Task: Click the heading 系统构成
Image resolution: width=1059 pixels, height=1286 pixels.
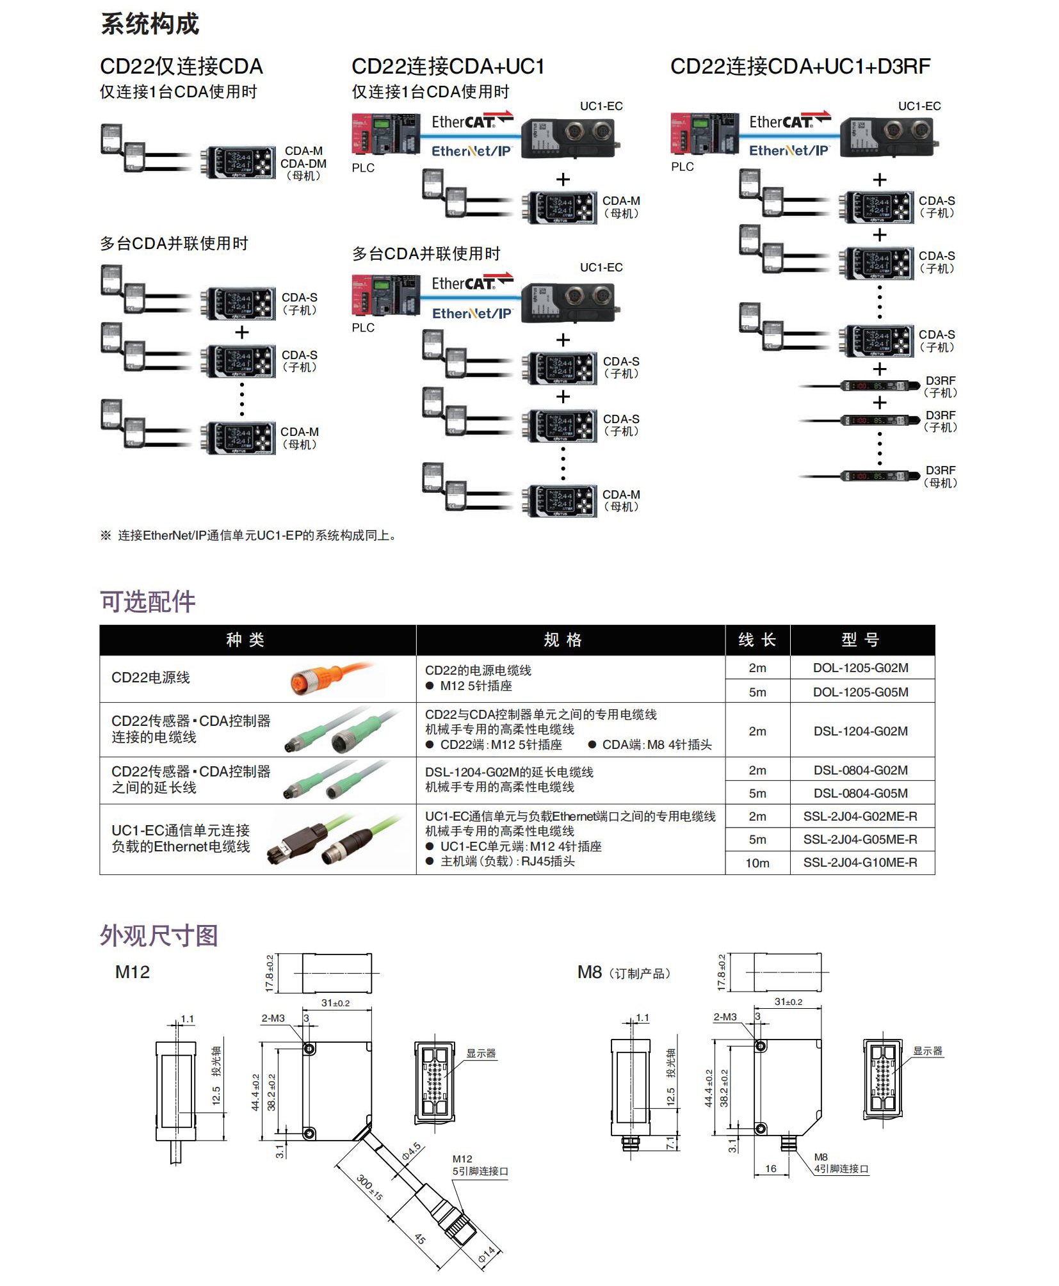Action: pyautogui.click(x=150, y=24)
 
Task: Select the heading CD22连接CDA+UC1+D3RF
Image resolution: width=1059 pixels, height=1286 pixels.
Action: pyautogui.click(x=800, y=67)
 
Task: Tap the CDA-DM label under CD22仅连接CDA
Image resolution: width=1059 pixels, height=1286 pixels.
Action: pyautogui.click(x=303, y=164)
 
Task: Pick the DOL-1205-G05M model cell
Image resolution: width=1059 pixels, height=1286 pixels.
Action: pyautogui.click(x=860, y=692)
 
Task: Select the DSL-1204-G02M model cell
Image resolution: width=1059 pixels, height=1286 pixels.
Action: pyautogui.click(x=860, y=731)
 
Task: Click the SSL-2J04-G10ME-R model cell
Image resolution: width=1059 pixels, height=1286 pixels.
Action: pyautogui.click(x=860, y=862)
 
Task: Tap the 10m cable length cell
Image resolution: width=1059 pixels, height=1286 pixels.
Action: pyautogui.click(x=757, y=863)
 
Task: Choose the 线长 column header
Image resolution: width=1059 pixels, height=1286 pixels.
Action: pyautogui.click(x=757, y=639)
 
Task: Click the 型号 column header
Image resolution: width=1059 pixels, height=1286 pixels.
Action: pyautogui.click(x=860, y=639)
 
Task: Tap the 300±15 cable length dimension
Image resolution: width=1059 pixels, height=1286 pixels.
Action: pyautogui.click(x=369, y=1188)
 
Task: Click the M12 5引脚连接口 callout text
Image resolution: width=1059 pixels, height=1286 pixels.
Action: pyautogui.click(x=480, y=1166)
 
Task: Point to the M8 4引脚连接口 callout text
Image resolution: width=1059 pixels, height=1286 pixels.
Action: pyautogui.click(x=840, y=1163)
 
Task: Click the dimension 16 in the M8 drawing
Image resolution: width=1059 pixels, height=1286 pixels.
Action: pyautogui.click(x=771, y=1168)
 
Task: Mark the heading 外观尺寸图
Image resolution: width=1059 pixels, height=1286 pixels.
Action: pyautogui.click(x=159, y=935)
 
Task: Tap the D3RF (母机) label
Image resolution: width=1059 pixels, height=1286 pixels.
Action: pyautogui.click(x=940, y=477)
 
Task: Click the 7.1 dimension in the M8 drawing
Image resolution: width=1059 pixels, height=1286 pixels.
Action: pyautogui.click(x=670, y=1143)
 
